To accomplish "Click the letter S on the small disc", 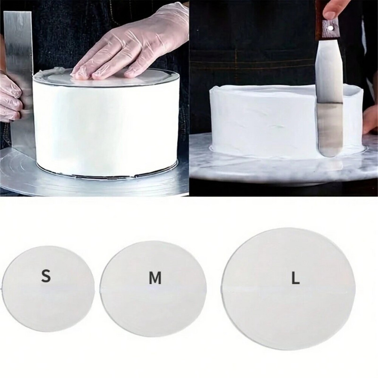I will (46, 276).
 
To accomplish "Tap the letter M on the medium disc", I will (155, 279).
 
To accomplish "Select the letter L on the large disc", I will (295, 279).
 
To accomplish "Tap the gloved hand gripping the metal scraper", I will (9, 99).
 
